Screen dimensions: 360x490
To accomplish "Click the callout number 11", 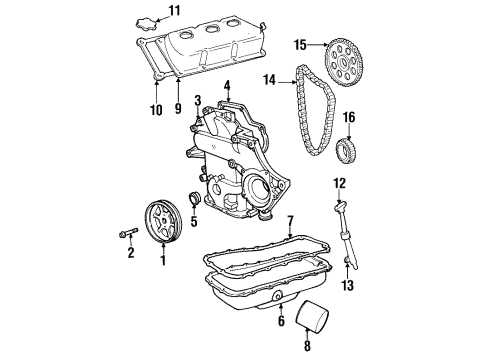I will point(175,11).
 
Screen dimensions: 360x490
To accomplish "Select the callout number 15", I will point(299,44).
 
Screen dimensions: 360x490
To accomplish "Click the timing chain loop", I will point(306,120).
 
